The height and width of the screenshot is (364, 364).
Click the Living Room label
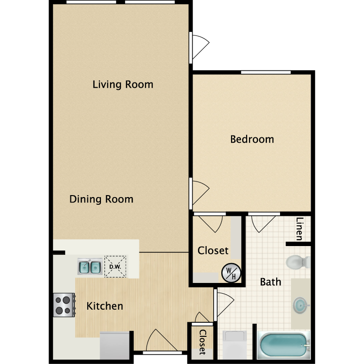(123, 84)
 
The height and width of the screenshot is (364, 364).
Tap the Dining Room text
(101, 199)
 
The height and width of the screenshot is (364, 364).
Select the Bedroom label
(252, 139)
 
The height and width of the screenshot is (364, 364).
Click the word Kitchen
(104, 306)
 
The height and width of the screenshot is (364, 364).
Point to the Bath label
(270, 281)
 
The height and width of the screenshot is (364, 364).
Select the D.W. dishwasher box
(115, 267)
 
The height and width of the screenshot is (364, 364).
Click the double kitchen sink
(90, 267)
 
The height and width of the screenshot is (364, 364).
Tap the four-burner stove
(64, 305)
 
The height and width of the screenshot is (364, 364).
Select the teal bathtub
(283, 345)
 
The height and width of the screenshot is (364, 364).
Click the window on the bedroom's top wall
(265, 73)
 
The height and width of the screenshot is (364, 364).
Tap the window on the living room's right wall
(191, 48)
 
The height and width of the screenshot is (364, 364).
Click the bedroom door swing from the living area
(199, 192)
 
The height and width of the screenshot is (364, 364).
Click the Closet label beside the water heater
(213, 251)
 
